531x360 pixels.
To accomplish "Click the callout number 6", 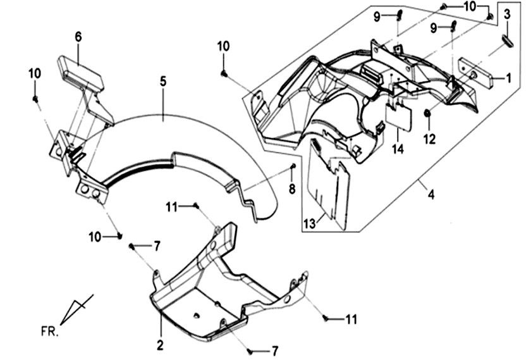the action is click(78, 37).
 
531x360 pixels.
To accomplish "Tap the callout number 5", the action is click(163, 82).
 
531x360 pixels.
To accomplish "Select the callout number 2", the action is click(160, 345).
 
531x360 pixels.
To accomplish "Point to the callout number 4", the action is click(430, 195).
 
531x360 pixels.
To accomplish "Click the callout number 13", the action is click(310, 223).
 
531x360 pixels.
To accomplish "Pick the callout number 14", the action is click(398, 149).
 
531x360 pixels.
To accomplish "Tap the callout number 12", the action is click(429, 139).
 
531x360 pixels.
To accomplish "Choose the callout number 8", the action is click(292, 189).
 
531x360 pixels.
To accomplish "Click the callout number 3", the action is click(506, 15).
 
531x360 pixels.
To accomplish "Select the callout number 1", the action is click(508, 78).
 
